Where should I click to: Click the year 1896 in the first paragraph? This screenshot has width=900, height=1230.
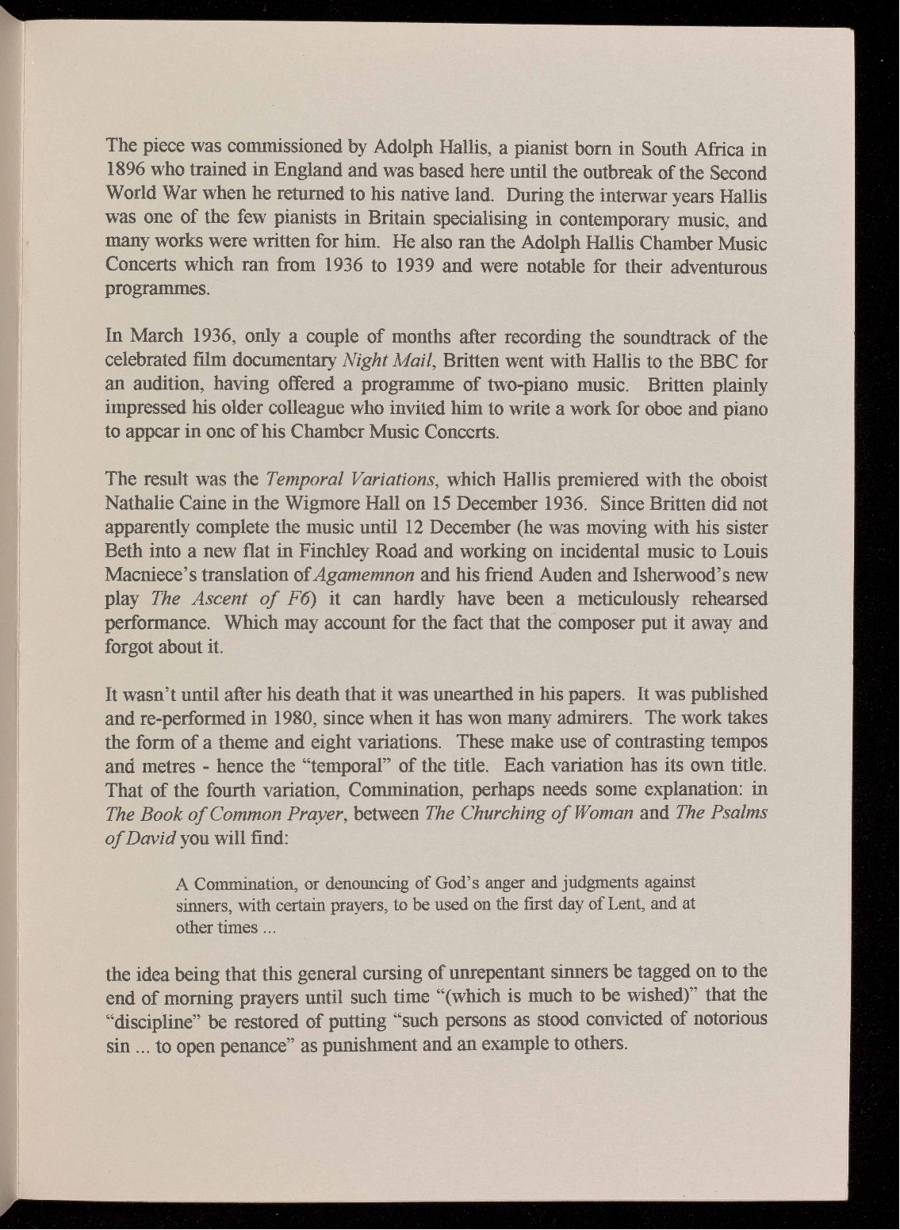[x=126, y=172]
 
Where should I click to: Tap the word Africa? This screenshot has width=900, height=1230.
[x=717, y=148]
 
